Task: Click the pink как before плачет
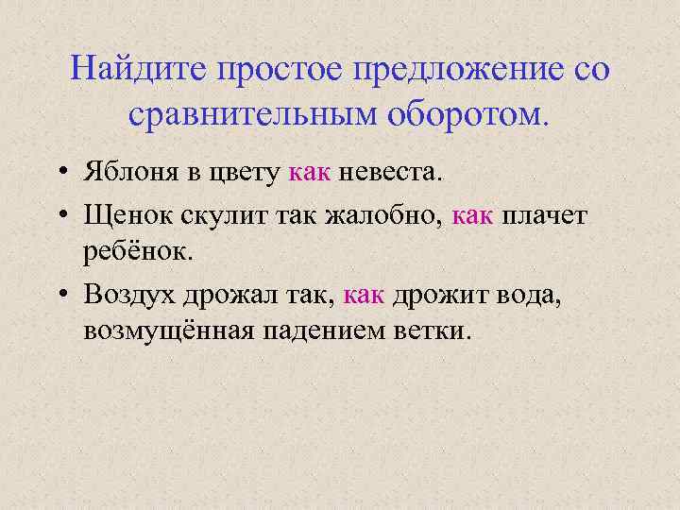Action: [472, 216]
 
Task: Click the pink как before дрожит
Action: [364, 296]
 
